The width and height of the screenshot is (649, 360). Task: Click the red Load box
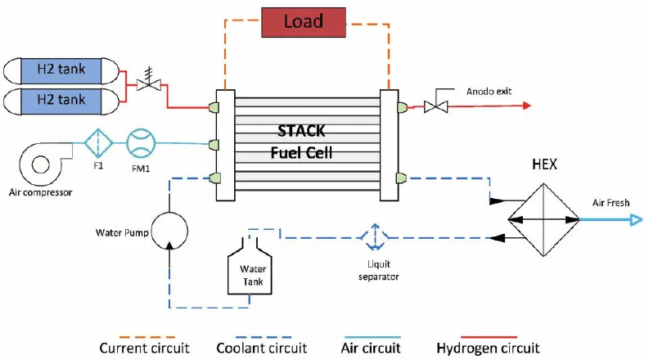(303, 22)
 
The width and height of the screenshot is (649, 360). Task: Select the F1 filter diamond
(98, 144)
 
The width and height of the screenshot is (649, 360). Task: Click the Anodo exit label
(489, 91)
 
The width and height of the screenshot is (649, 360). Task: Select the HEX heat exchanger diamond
(543, 218)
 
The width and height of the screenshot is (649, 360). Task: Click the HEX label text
(543, 164)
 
